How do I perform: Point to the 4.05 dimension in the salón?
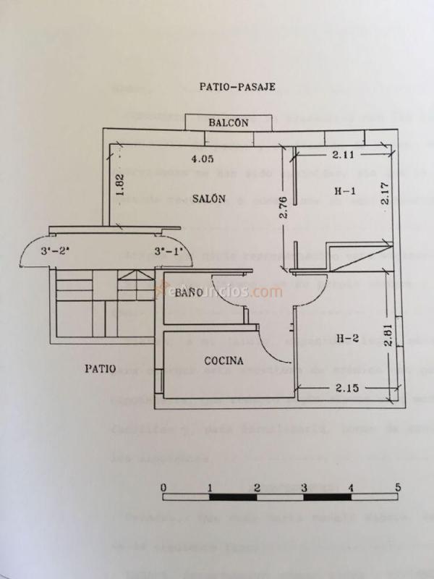click(203, 158)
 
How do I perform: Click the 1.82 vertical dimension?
click(120, 185)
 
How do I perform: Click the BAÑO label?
click(188, 292)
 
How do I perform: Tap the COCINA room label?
click(223, 360)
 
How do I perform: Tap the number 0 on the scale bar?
click(164, 486)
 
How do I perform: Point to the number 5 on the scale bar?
click(397, 486)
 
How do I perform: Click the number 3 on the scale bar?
click(304, 486)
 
